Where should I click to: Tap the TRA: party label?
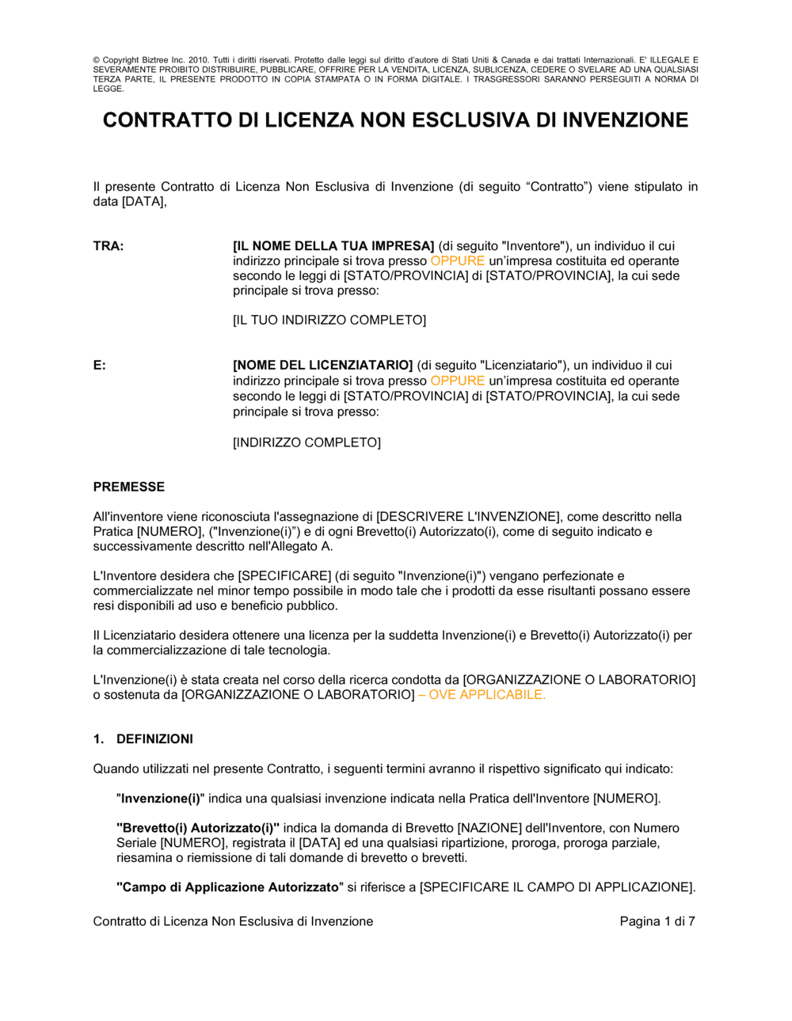coord(109,246)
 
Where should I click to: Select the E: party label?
coord(100,366)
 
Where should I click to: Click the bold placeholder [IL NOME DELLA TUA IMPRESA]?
coord(333,246)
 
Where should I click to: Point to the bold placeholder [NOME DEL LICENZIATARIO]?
coord(323,366)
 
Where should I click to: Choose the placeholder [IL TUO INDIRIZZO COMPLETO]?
coord(329,321)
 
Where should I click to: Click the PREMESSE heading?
coord(129,487)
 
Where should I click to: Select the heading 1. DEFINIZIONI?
coord(143,739)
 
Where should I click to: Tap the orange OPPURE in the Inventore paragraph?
coord(457,261)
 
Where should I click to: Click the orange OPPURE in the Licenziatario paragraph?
coord(457,381)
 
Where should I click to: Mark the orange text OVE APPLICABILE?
coord(486,695)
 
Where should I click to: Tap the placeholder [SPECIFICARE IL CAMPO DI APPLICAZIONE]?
coord(557,887)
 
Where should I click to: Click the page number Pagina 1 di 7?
coord(657,921)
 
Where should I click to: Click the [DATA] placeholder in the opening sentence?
coord(143,202)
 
